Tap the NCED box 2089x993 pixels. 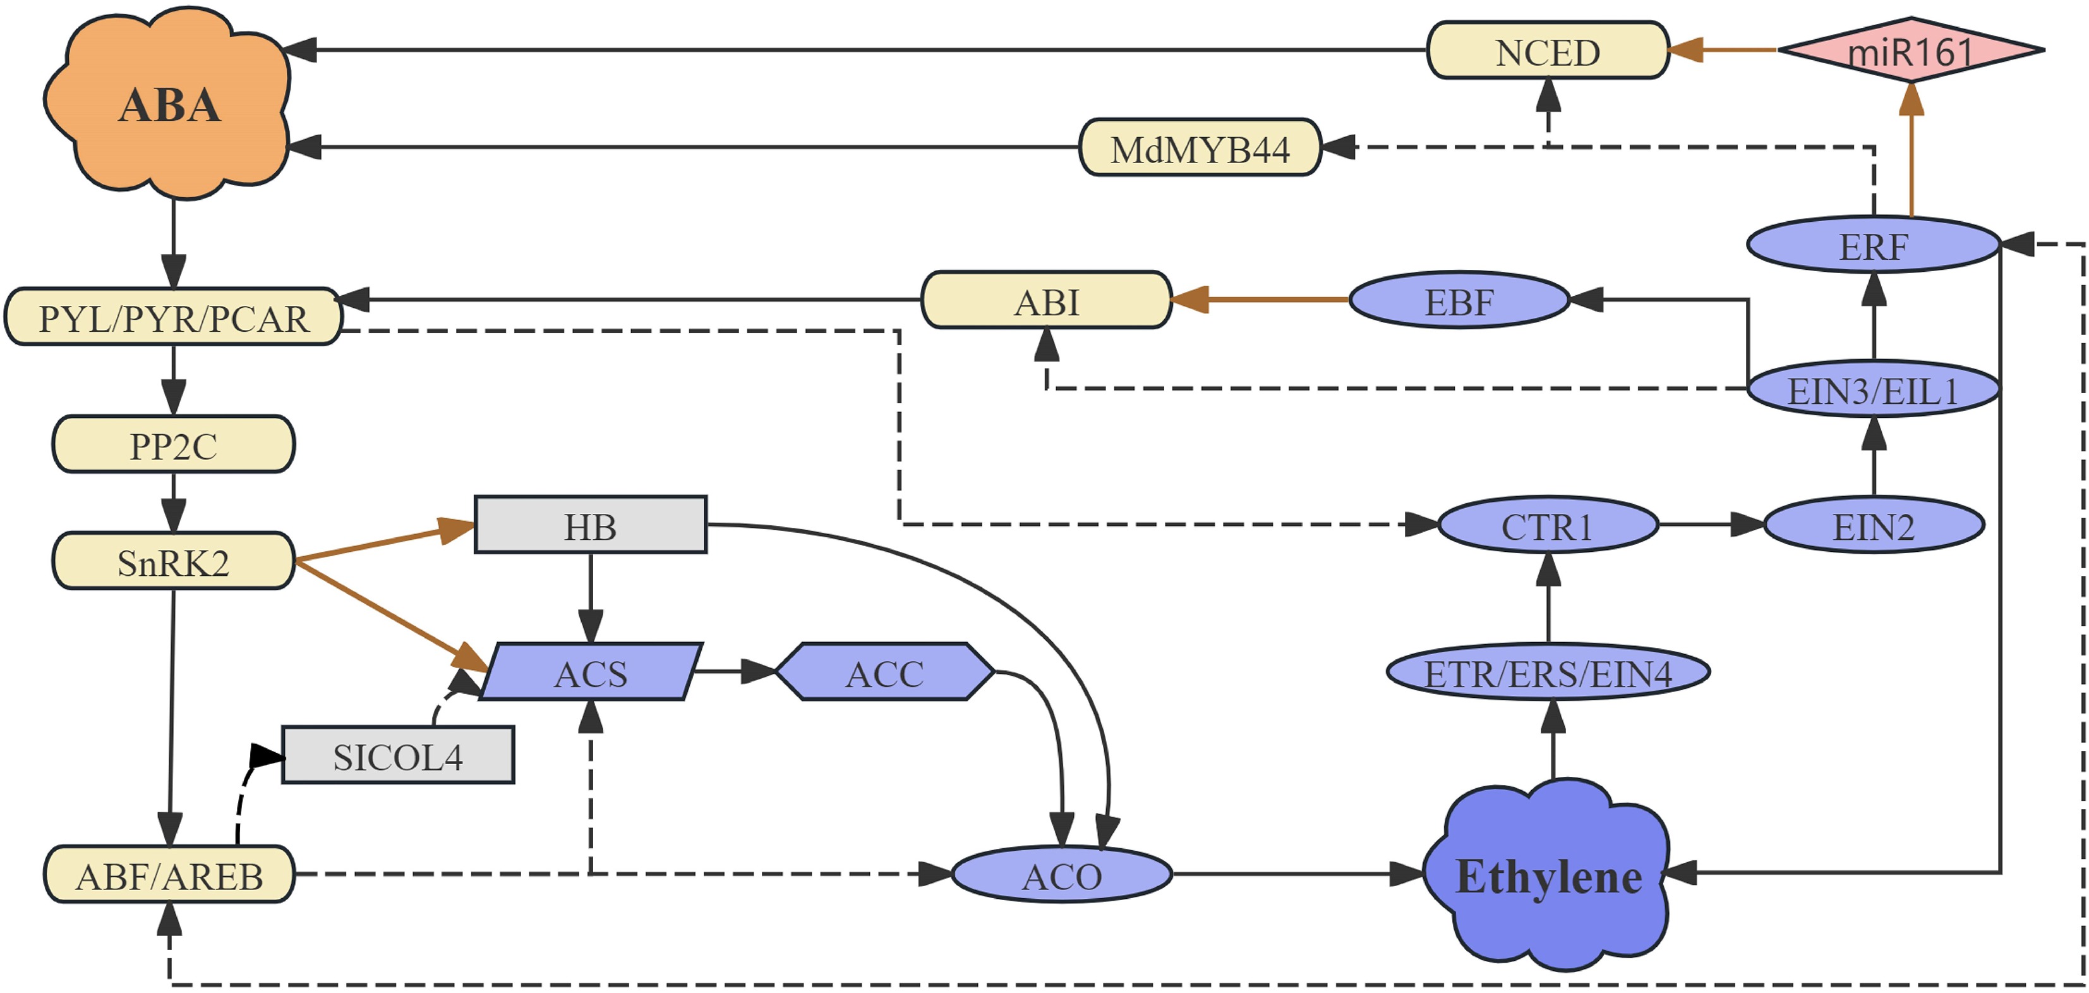coord(1547,51)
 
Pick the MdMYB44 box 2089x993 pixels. coord(1200,148)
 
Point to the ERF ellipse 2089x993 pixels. coord(1872,245)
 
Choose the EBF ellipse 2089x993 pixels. coord(1458,300)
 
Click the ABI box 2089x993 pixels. coord(1046,300)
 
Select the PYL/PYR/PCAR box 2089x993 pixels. coord(174,317)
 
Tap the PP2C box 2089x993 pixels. coord(174,444)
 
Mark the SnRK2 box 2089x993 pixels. coord(174,561)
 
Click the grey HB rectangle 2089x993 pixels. coord(591,526)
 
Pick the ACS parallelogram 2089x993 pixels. coord(591,673)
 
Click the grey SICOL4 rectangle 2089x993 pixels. coord(397,755)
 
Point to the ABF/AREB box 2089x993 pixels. coord(169,875)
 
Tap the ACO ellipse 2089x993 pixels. coord(1061,875)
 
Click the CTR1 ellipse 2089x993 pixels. coord(1547,526)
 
